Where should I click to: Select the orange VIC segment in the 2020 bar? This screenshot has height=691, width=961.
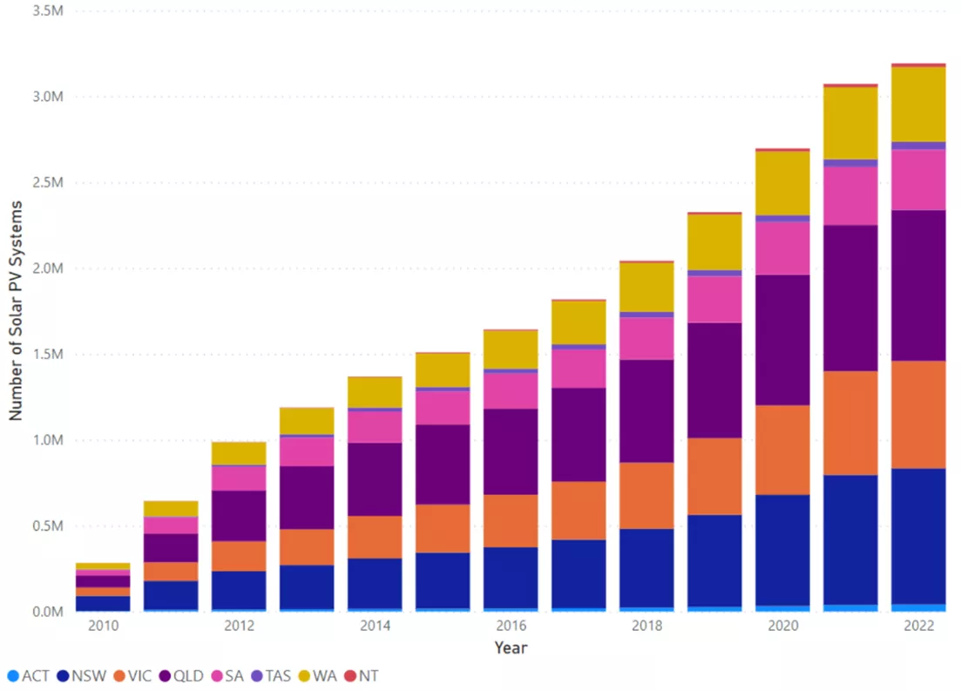click(x=782, y=450)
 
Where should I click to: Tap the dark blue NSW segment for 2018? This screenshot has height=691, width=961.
click(x=646, y=567)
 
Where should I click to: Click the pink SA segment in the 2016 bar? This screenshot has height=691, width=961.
click(x=511, y=390)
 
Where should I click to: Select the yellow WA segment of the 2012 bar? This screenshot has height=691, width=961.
click(x=239, y=453)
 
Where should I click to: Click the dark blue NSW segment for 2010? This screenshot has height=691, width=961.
click(x=103, y=603)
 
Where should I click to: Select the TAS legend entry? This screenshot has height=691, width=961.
click(x=281, y=675)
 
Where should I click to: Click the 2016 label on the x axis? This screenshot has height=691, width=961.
click(x=511, y=626)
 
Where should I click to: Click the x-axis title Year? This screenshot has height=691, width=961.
click(x=511, y=647)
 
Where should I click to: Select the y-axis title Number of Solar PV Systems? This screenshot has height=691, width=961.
click(x=16, y=309)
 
